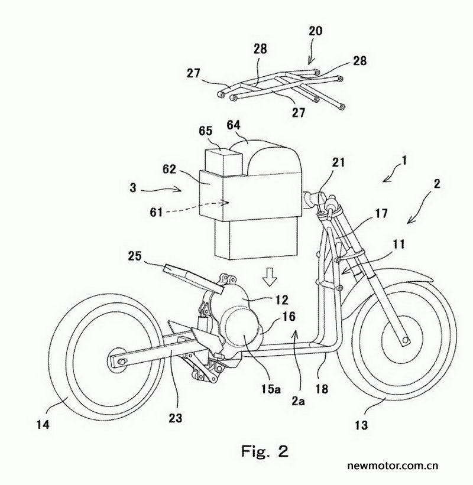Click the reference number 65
(x=206, y=131)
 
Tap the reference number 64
(x=234, y=125)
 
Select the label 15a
(x=271, y=389)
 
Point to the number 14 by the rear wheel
(x=43, y=424)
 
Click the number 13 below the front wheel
(x=361, y=425)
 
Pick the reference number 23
(x=176, y=418)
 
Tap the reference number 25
(x=135, y=256)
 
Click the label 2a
(x=299, y=401)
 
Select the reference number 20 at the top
(x=316, y=31)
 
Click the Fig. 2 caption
(x=265, y=451)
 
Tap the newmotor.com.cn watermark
(x=393, y=466)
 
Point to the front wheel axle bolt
(x=404, y=340)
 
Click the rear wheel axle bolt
(x=122, y=362)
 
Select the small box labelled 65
(x=223, y=162)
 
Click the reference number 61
(x=156, y=212)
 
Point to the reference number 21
(x=338, y=162)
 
